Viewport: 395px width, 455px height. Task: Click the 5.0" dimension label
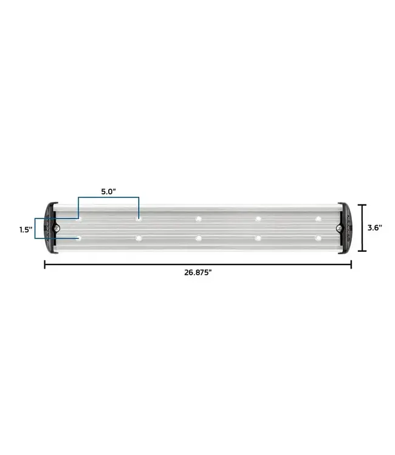point(108,191)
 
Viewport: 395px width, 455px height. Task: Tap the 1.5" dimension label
point(25,229)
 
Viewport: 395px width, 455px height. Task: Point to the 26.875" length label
point(197,273)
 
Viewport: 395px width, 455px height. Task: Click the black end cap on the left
point(49,228)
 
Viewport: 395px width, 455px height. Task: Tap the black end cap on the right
point(346,228)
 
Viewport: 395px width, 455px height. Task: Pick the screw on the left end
point(56,228)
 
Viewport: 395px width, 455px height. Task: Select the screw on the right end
point(339,228)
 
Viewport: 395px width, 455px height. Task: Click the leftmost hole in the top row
point(79,218)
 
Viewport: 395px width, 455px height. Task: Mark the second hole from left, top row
point(139,218)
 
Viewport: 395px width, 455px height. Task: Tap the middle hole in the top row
point(198,218)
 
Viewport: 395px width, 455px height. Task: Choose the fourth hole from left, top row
point(258,218)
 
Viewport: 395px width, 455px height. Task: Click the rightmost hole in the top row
point(317,218)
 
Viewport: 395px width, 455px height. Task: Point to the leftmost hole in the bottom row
point(79,238)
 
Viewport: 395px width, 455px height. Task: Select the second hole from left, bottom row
point(139,238)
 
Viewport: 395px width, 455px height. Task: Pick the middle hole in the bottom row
point(198,238)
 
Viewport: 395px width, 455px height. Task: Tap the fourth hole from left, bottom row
point(258,238)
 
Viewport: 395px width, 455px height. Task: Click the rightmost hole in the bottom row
point(317,238)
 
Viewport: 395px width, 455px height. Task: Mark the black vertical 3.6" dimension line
point(363,228)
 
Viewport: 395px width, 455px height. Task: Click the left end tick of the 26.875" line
point(44,264)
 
